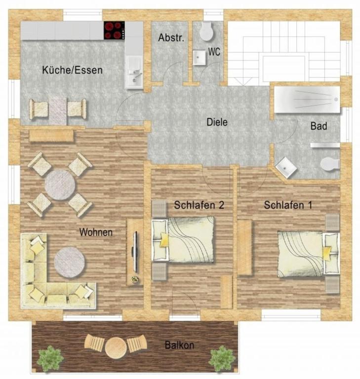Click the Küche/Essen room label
tap(72, 70)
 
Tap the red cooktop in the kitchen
tap(114, 30)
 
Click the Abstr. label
tap(171, 38)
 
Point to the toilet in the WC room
tap(206, 32)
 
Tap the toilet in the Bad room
tap(329, 163)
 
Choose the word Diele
tap(217, 122)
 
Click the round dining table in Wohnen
tap(60, 185)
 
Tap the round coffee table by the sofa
tap(69, 262)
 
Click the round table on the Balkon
tap(115, 345)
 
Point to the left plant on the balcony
tap(50, 357)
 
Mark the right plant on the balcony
tap(221, 357)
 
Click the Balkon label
tap(179, 345)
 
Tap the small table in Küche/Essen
tap(58, 109)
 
